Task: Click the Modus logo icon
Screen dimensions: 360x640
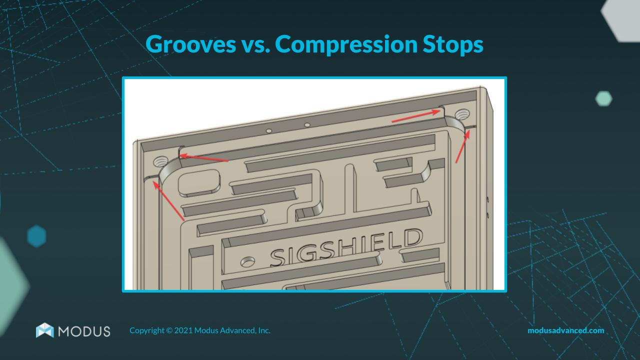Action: [x=44, y=330]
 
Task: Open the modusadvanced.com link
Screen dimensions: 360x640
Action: [x=565, y=330]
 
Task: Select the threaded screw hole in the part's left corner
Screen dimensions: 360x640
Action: [x=160, y=161]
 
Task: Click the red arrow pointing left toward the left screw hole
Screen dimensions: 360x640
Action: [x=204, y=158]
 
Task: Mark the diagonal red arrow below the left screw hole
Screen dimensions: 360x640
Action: [x=170, y=201]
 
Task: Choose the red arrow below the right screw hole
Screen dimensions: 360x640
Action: [x=462, y=145]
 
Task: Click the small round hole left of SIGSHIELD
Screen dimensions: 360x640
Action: [x=247, y=261]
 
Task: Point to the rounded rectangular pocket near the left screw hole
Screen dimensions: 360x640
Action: [x=199, y=180]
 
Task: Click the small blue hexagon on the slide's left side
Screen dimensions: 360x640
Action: [x=36, y=236]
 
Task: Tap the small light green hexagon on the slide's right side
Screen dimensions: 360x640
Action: [x=604, y=98]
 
